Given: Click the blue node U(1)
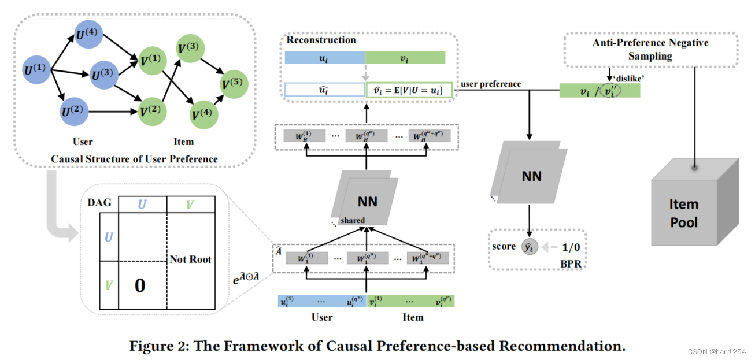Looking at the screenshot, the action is (x=36, y=70).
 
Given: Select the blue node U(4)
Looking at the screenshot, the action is (x=88, y=34).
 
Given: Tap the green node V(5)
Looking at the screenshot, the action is (x=234, y=84).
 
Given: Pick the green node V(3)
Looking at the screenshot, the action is (x=190, y=49).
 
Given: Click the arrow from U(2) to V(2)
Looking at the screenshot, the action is (x=113, y=112).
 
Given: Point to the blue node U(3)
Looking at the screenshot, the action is (x=104, y=75).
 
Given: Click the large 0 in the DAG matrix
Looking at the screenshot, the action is (x=140, y=285).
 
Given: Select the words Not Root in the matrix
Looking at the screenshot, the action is (x=190, y=259).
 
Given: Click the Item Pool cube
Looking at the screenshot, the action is (x=695, y=202).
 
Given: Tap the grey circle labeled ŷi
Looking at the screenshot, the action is (x=530, y=247).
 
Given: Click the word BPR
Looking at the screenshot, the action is (x=571, y=264).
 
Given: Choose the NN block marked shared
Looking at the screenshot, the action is (x=365, y=198).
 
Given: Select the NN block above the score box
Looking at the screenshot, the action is (x=529, y=172).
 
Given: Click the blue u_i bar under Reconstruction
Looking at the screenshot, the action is (x=324, y=58).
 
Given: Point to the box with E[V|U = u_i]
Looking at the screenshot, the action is (x=409, y=90).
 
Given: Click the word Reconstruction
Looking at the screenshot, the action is (x=321, y=40).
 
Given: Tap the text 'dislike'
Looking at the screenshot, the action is (x=628, y=79).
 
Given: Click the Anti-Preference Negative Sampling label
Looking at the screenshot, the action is (x=650, y=49).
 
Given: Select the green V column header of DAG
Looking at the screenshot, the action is (x=190, y=205).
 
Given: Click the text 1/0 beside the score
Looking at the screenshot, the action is (x=571, y=247).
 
